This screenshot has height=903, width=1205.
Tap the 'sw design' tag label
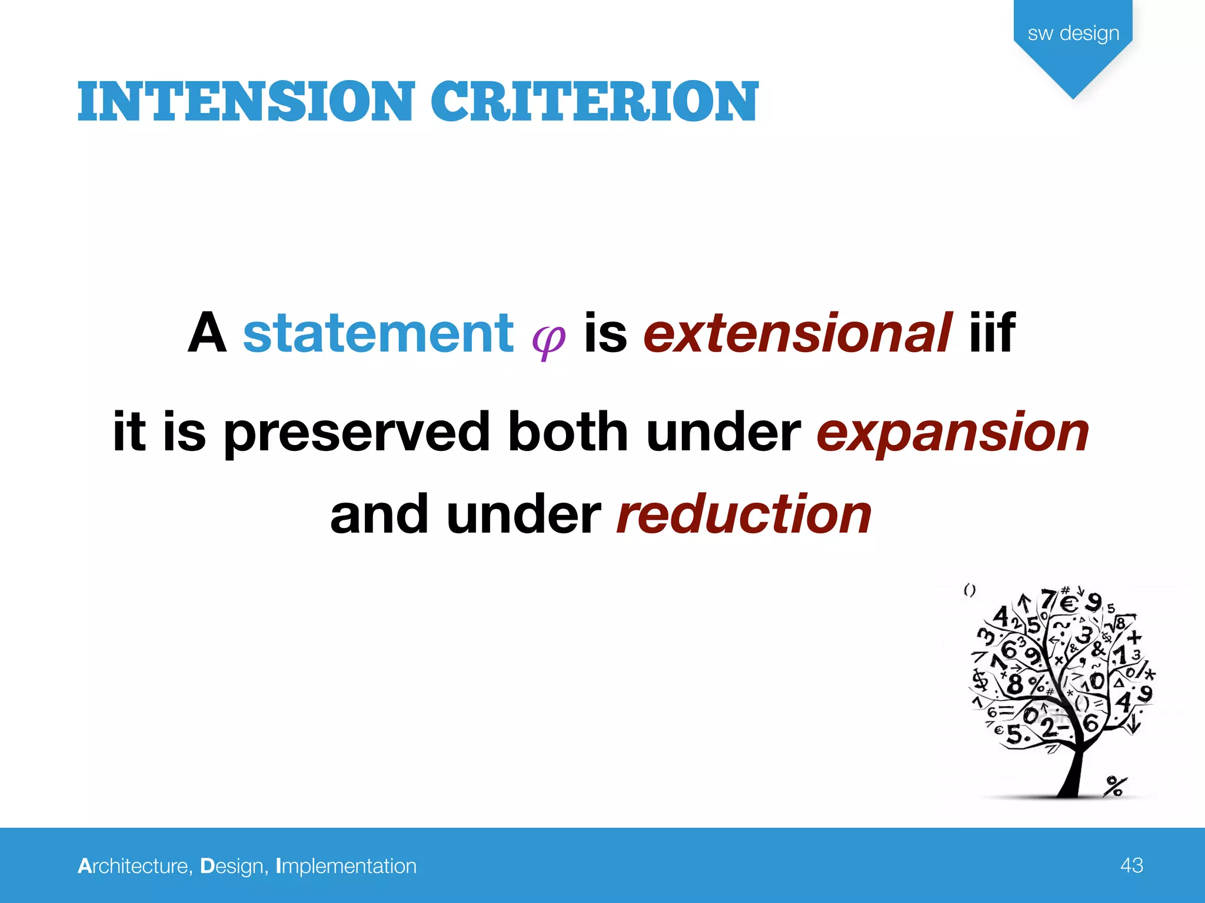[1073, 33]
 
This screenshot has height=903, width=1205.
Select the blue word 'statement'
[378, 333]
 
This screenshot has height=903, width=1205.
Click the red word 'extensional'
[797, 333]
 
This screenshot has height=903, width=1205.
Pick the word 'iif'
[992, 333]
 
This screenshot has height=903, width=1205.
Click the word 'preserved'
[357, 434]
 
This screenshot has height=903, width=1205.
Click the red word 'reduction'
[744, 514]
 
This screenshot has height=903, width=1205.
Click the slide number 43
[1131, 865]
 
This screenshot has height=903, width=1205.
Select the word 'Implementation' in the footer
[346, 867]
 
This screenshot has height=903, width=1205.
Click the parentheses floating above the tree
[970, 590]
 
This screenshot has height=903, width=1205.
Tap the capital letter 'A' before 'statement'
[207, 333]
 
